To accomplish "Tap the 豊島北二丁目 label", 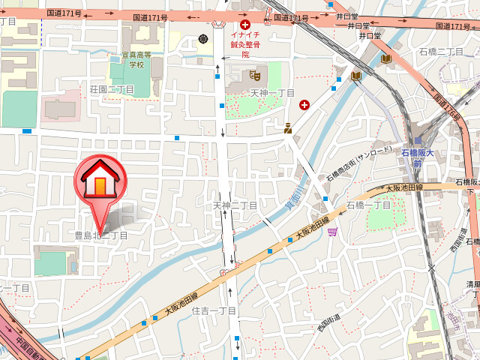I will [x=100, y=235].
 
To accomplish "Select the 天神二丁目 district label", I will [x=235, y=205].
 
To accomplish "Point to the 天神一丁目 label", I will [x=271, y=92].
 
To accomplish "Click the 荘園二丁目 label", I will [x=112, y=90].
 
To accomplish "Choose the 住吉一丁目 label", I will [x=214, y=310].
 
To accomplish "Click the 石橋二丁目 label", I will [x=441, y=51].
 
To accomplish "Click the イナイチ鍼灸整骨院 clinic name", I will [x=244, y=44].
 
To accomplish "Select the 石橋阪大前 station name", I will [x=439, y=153].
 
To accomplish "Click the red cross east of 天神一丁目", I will [x=304, y=104].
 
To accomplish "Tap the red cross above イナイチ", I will [x=244, y=24].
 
